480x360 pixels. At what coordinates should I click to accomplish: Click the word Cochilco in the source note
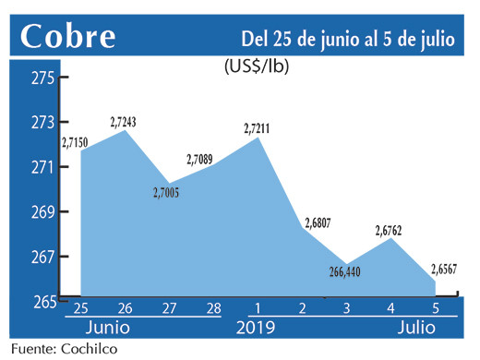click(89, 350)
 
